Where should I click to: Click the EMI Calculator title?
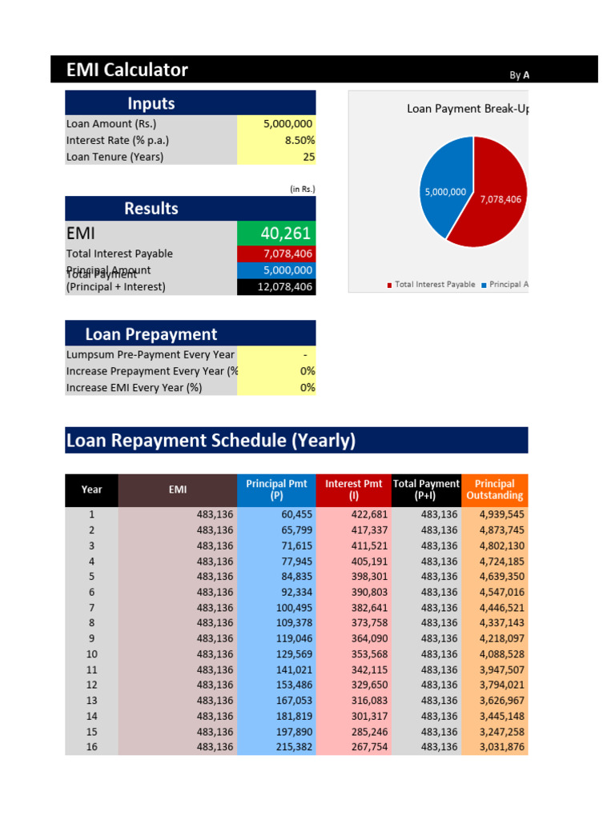127,70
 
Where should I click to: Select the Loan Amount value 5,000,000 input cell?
276,124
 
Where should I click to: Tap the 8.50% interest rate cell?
276,141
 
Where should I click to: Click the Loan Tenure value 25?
276,157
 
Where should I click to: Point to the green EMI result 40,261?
276,234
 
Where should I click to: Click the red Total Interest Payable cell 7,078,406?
276,254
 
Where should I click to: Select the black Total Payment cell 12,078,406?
276,286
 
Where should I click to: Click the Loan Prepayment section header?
151,334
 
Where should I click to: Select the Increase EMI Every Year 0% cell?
276,387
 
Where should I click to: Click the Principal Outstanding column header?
494,489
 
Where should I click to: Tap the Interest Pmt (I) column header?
353,489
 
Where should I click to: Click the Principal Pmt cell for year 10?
276,654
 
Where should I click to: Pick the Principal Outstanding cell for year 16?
494,747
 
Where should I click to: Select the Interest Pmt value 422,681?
353,514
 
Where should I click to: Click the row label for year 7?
91,608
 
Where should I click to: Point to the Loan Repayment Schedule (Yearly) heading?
211,441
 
